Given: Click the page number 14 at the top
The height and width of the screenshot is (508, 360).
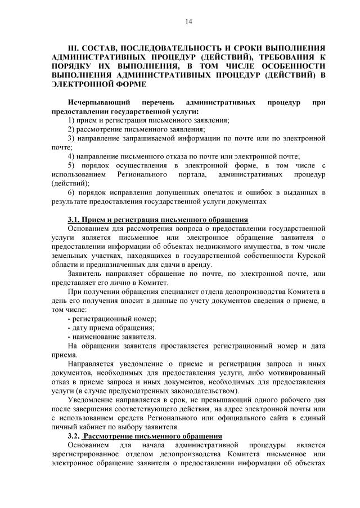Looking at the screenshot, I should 188,21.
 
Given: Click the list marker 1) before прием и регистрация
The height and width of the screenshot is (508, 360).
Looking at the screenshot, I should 71,120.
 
